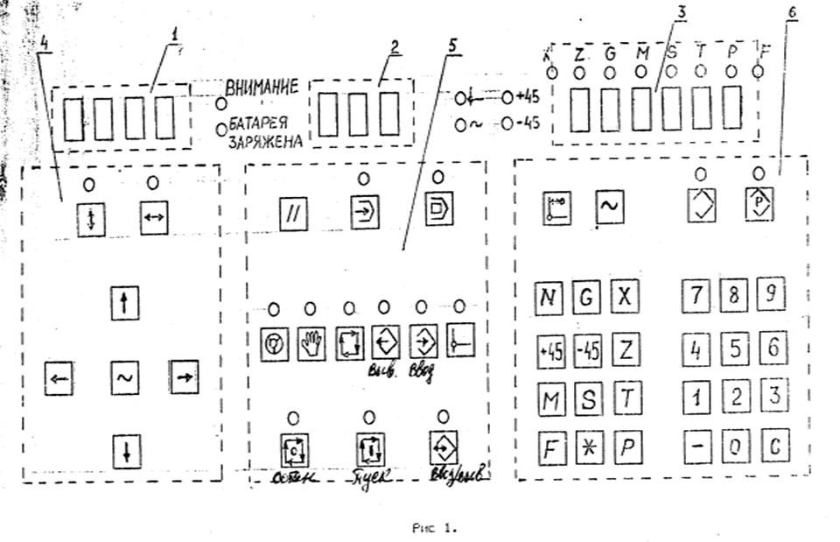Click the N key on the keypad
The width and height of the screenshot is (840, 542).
[x=549, y=299]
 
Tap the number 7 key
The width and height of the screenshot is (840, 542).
[x=696, y=297]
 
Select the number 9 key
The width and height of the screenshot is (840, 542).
[x=770, y=296]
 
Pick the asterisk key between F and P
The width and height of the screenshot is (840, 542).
[x=588, y=448]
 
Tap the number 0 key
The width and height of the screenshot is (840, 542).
[x=735, y=447]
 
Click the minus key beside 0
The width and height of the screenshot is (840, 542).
[x=697, y=447]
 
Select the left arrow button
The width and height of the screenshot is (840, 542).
[x=59, y=378]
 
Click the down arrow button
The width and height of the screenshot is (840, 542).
[x=127, y=452]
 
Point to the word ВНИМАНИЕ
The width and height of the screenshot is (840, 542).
[x=262, y=87]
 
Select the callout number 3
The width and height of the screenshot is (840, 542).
[x=681, y=11]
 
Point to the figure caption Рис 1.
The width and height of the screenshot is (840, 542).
[x=434, y=528]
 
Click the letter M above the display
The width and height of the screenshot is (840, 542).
[x=641, y=54]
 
